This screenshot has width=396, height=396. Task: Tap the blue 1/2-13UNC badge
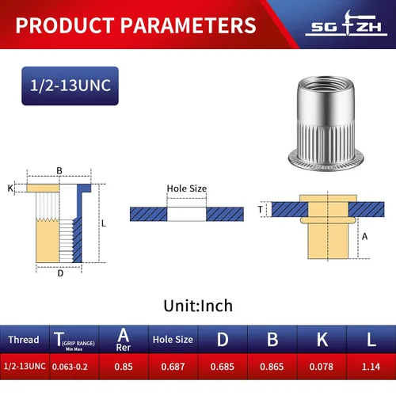[70, 86]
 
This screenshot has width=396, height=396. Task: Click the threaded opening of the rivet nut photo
[326, 85]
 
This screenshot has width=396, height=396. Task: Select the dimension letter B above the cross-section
[59, 171]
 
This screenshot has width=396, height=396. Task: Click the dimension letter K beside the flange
[10, 188]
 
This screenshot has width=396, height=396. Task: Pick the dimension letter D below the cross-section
[60, 273]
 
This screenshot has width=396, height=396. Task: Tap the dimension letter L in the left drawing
[104, 223]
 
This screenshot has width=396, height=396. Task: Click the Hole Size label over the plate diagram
[187, 188]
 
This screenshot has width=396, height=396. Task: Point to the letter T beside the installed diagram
[261, 209]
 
